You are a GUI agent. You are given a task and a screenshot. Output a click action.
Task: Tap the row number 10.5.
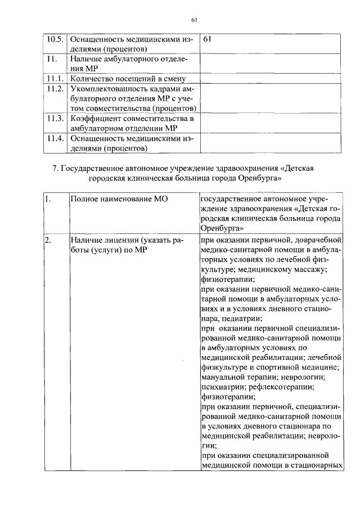pyautogui.click(x=55, y=40)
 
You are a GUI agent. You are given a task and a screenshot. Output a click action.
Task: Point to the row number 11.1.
pyautogui.click(x=55, y=79)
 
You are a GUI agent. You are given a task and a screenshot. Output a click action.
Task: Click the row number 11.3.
pyautogui.click(x=55, y=118)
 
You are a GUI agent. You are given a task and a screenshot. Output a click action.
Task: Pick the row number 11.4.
pyautogui.click(x=55, y=138)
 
